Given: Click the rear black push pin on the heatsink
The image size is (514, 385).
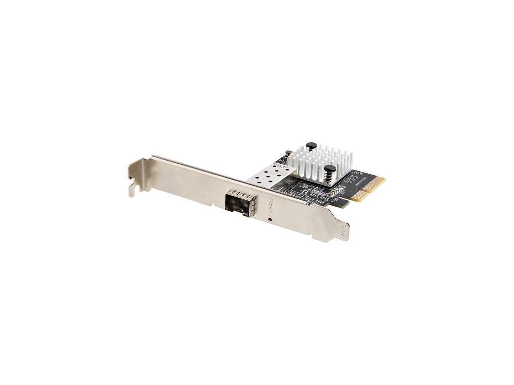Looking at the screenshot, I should click(x=310, y=146).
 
